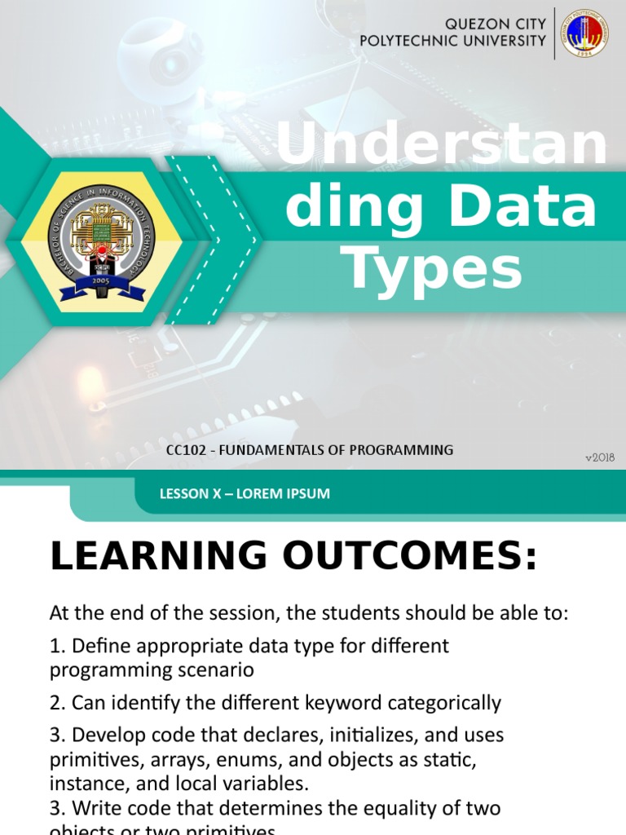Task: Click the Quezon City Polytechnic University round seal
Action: [584, 33]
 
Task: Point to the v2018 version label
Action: [600, 458]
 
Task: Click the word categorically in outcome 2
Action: [453, 703]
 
